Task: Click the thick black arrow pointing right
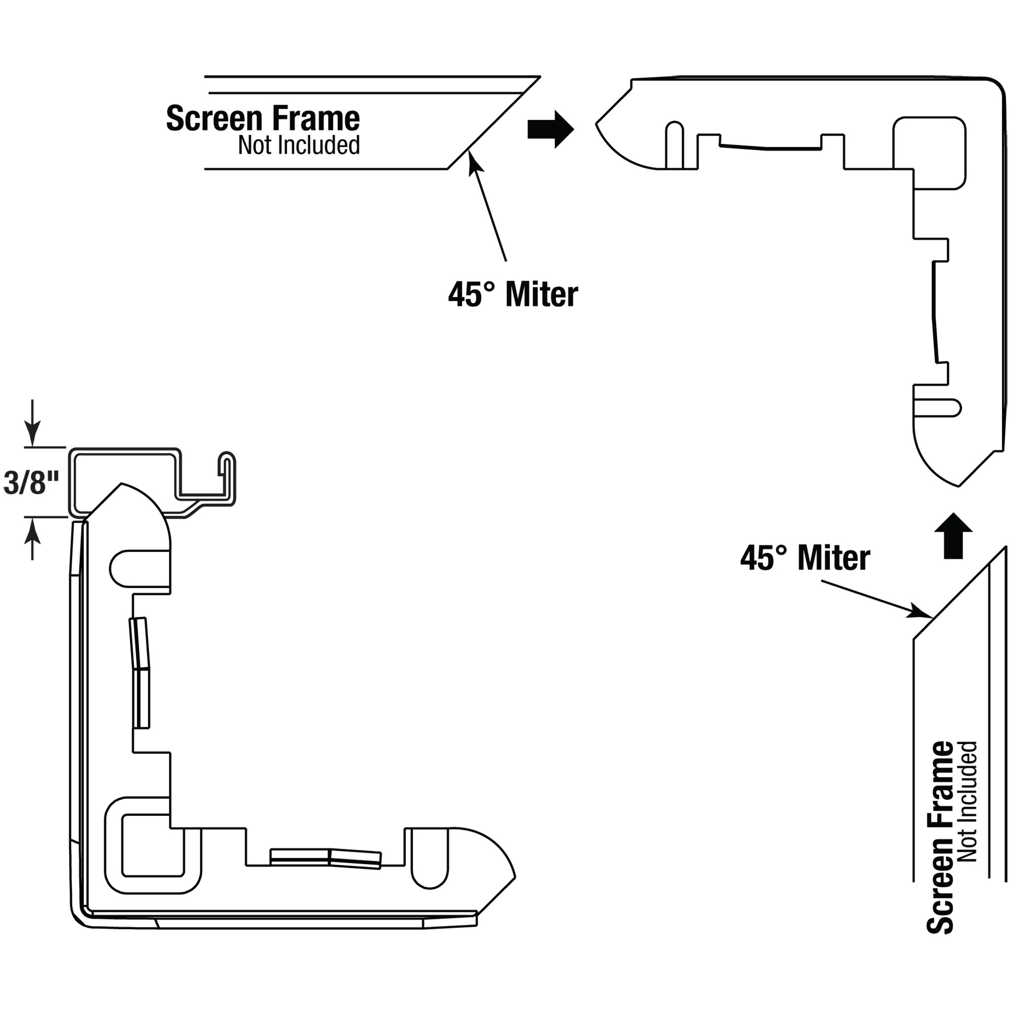pos(550,129)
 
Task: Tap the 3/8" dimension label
pos(31,482)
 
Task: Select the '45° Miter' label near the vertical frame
pos(805,558)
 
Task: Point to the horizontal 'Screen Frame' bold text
pos(263,118)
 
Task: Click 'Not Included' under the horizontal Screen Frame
pos(299,145)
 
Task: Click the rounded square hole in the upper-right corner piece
pos(929,153)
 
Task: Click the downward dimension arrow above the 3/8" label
pos(32,423)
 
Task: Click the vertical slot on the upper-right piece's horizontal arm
pos(674,145)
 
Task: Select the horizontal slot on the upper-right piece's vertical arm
pos(937,408)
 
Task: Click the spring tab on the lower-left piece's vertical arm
pos(140,672)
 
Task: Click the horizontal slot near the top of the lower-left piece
pos(140,569)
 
